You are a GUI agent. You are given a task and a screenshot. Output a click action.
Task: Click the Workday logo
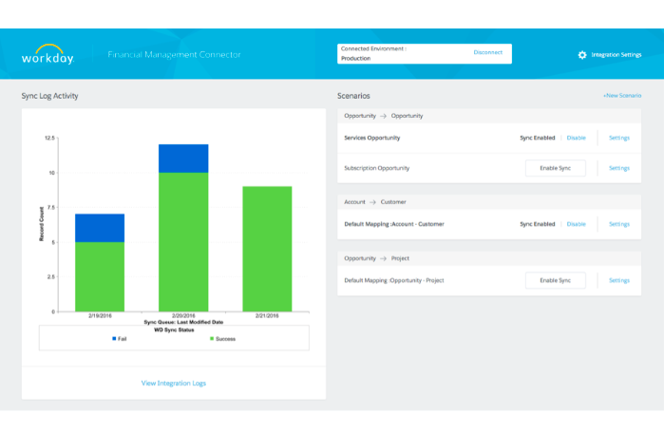pyautogui.click(x=47, y=54)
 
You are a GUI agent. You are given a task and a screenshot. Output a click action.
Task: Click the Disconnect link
pyautogui.click(x=487, y=52)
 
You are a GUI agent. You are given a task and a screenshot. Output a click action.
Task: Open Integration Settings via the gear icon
pyautogui.click(x=582, y=55)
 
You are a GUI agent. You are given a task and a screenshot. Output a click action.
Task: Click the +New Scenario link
pyautogui.click(x=621, y=96)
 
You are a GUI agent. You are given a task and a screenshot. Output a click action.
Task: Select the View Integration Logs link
pyautogui.click(x=173, y=383)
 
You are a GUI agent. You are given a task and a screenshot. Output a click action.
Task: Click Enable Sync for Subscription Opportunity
pyautogui.click(x=555, y=168)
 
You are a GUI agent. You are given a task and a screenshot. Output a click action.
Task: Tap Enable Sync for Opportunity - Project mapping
pyautogui.click(x=555, y=280)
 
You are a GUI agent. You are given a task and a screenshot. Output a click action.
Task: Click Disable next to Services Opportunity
pyautogui.click(x=576, y=138)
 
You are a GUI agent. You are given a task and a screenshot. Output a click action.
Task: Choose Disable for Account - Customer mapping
pyautogui.click(x=576, y=224)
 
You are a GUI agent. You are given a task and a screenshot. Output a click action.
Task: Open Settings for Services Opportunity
pyautogui.click(x=618, y=138)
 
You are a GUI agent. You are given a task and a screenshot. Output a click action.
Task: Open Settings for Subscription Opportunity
pyautogui.click(x=618, y=168)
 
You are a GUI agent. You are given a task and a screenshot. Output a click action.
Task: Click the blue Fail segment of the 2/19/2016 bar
pyautogui.click(x=100, y=228)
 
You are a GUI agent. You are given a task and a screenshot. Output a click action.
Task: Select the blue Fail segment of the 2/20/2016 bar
pyautogui.click(x=183, y=159)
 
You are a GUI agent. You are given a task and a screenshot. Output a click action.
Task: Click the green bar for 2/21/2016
pyautogui.click(x=267, y=249)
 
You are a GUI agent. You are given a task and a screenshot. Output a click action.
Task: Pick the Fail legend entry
pyautogui.click(x=119, y=338)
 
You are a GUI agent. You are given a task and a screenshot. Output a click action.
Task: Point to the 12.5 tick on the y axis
pyautogui.click(x=48, y=138)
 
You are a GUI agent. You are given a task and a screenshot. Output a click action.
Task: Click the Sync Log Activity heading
pyautogui.click(x=49, y=96)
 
